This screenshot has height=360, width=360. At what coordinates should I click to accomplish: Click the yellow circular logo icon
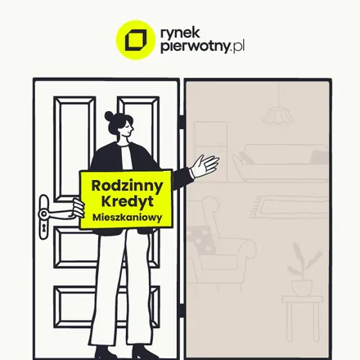pyautogui.click(x=136, y=40)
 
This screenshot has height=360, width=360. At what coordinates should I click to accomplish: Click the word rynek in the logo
pyautogui.click(x=180, y=33)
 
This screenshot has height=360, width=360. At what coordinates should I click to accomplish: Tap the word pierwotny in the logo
pyautogui.click(x=195, y=47)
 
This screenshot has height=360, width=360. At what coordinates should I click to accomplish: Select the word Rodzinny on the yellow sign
pyautogui.click(x=127, y=186)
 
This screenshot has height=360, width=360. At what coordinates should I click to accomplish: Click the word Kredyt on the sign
pyautogui.click(x=128, y=201)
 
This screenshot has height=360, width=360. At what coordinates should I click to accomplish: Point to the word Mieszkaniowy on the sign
pyautogui.click(x=128, y=218)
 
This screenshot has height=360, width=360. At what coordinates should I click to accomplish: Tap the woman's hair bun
pyautogui.click(x=109, y=116)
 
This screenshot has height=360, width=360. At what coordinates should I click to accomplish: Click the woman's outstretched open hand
pyautogui.click(x=205, y=165)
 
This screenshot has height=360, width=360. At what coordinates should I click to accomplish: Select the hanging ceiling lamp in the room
pyautogui.click(x=278, y=115)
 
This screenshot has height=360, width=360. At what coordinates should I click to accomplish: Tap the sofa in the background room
pyautogui.click(x=280, y=163)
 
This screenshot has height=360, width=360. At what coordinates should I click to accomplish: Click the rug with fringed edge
pyautogui.click(x=289, y=207)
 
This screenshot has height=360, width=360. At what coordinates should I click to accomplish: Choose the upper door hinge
pyautogui.click(x=182, y=122)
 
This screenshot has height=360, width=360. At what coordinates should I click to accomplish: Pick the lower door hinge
pyautogui.click(x=182, y=310)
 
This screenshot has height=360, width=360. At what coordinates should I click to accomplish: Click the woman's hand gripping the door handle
pyautogui.click(x=78, y=208)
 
